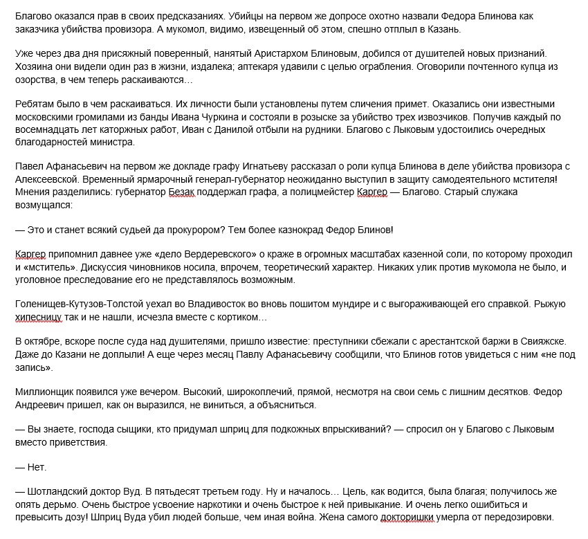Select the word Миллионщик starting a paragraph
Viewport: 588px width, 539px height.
tap(46, 392)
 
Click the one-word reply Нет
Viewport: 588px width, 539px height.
tap(36, 467)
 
